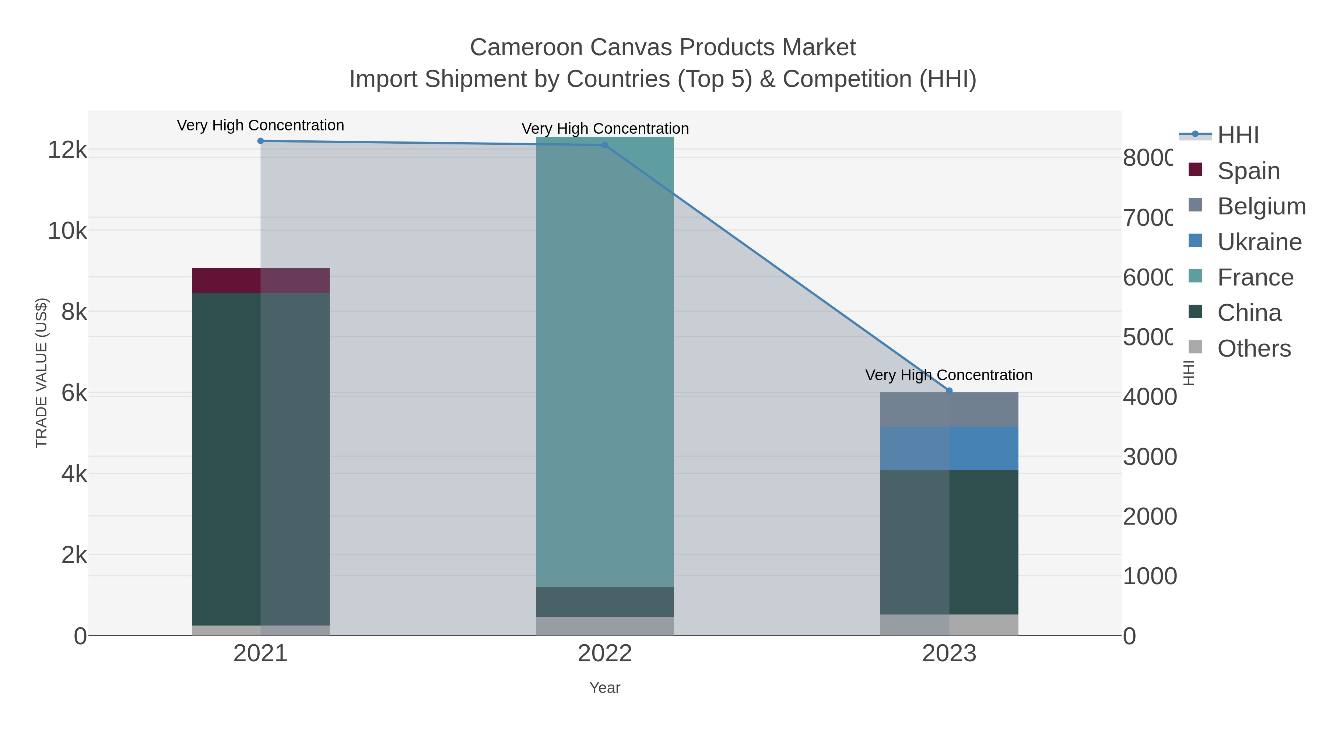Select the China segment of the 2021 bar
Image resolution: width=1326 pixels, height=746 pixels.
pos(260,458)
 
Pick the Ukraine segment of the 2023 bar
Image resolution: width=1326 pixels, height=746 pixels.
pos(949,448)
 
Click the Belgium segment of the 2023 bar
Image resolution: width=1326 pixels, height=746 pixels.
pos(949,409)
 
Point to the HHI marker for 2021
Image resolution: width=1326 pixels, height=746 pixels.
pos(260,141)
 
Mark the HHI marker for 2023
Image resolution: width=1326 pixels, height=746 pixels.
pos(950,391)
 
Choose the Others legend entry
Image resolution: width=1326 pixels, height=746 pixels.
pos(1254,349)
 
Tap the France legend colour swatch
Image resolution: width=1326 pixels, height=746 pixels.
pos(1195,276)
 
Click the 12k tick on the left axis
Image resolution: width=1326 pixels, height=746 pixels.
pos(67,150)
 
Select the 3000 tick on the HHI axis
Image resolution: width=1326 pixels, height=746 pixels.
pos(1150,457)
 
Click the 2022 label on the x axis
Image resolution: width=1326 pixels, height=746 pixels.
pos(605,653)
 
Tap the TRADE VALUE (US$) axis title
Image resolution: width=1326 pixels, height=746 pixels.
pos(41,373)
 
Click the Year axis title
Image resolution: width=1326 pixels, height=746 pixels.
pos(605,688)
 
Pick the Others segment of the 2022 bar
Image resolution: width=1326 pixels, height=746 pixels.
pos(605,626)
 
